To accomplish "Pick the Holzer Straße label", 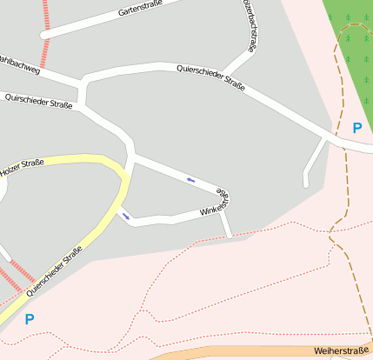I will coord(22,168).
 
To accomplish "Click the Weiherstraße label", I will coord(342,350).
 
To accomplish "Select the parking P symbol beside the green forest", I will coord(356,128).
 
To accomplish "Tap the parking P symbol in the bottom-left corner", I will coord(30,319).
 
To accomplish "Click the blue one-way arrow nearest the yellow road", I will coord(125,216).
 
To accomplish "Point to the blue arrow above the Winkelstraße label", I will coord(190,180).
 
